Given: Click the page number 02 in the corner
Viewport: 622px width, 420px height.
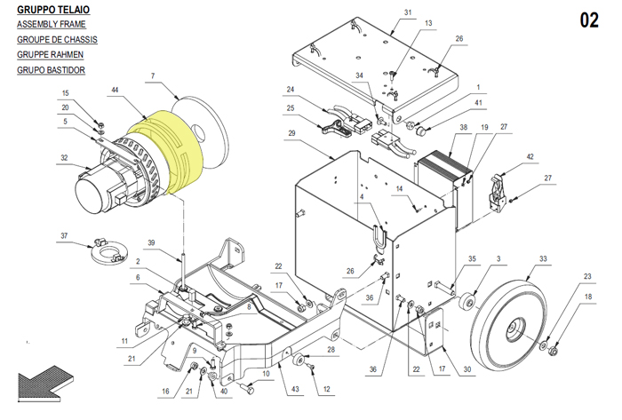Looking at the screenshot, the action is click(x=589, y=20).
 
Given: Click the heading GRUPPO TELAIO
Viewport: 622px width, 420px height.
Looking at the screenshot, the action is click(x=53, y=10).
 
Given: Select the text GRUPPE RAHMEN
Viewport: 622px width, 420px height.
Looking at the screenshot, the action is click(x=50, y=55).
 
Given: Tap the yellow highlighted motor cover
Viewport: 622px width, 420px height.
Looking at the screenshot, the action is click(x=167, y=151).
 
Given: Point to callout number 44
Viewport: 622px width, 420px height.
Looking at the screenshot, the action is click(x=115, y=90).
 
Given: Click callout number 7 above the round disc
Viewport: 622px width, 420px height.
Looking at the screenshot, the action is click(x=153, y=75).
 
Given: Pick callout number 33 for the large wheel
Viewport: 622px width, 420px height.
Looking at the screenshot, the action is click(x=543, y=258).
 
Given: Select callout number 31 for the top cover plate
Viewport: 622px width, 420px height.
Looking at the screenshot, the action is click(x=408, y=12).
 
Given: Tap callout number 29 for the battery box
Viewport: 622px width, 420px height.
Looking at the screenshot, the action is click(x=291, y=133).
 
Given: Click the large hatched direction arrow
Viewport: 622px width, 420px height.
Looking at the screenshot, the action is click(x=44, y=383).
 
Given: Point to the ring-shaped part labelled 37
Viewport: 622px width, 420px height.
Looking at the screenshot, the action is click(x=108, y=252).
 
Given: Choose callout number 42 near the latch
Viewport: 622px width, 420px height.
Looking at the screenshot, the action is click(x=530, y=156).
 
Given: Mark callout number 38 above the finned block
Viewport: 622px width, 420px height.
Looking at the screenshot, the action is click(x=463, y=127).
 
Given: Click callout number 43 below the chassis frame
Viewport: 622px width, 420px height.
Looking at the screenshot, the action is click(x=295, y=389).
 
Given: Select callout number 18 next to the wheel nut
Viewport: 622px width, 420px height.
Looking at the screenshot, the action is click(x=588, y=297).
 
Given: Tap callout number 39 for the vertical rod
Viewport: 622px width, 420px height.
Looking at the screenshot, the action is click(x=151, y=243).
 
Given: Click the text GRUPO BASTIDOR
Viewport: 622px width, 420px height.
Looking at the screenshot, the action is click(x=51, y=70).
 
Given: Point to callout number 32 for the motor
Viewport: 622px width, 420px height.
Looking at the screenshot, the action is click(x=64, y=158).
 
